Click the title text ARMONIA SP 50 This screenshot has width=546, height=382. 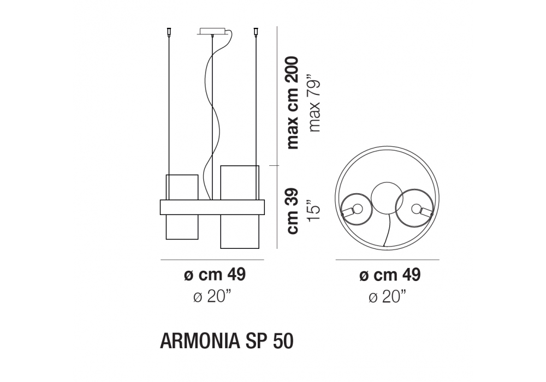coord(227,341)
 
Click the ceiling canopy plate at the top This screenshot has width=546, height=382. coord(213,31)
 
